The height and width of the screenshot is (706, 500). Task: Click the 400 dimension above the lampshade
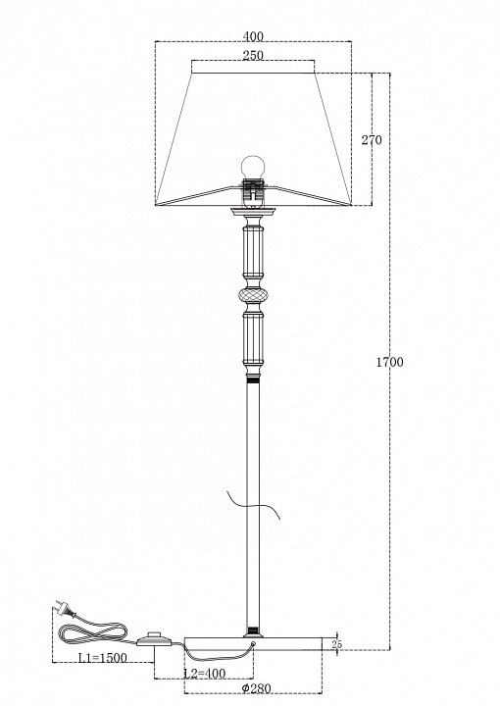click(x=253, y=35)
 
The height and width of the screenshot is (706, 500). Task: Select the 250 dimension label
click(x=253, y=55)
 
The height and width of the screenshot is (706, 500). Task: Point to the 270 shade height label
click(x=372, y=140)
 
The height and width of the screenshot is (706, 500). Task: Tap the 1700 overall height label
click(x=390, y=362)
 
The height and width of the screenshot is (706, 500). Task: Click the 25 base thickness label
click(x=336, y=644)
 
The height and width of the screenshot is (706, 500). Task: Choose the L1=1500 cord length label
click(x=103, y=658)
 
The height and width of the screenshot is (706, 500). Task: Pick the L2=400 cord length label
click(x=205, y=674)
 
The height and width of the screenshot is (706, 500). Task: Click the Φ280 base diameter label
click(x=256, y=688)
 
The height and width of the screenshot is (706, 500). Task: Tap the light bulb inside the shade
click(x=253, y=167)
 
